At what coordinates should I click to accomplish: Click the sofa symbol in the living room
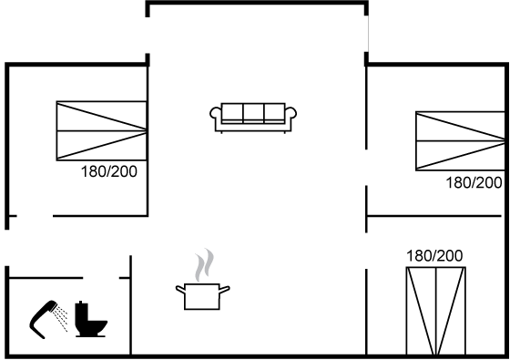253,118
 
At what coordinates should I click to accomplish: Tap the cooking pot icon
202,296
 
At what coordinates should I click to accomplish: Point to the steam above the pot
204,265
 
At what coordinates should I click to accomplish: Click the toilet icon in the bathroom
90,319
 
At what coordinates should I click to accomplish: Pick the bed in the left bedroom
101,131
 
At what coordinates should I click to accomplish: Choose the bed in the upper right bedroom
461,141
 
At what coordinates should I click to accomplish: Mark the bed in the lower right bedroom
436,311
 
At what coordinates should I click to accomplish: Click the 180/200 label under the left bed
109,171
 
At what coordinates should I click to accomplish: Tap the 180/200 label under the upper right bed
474,182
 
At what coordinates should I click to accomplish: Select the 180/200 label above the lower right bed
434,256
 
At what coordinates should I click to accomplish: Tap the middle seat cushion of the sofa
253,113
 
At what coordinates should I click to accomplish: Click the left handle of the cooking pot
180,290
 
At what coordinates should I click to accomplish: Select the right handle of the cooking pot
225,290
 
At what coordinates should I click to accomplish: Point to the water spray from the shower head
61,317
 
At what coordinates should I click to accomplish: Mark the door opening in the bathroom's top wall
101,278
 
